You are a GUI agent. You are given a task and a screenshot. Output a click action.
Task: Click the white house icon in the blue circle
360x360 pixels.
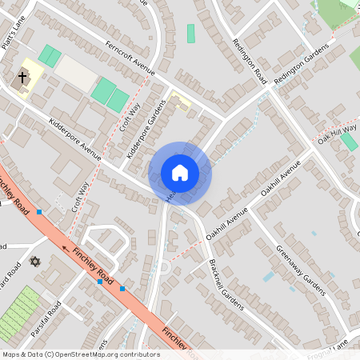(180, 172)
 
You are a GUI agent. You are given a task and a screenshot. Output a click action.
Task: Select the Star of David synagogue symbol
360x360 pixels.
(34, 261)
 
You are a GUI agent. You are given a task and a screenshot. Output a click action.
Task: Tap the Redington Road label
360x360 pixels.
(247, 59)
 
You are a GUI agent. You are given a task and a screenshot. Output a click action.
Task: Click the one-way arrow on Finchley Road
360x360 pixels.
(66, 247)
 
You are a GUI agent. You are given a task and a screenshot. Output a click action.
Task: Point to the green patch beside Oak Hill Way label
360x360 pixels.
(349, 142)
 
